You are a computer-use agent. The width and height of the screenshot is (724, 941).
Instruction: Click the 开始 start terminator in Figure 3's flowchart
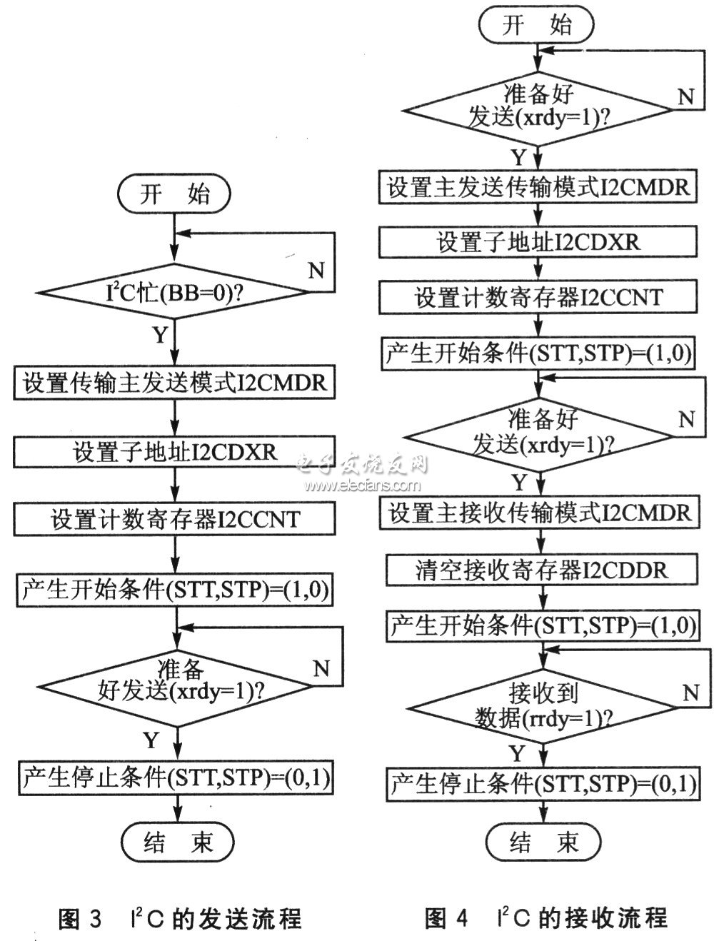click(x=174, y=193)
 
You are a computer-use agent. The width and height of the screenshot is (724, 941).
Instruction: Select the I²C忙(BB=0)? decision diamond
click(x=174, y=292)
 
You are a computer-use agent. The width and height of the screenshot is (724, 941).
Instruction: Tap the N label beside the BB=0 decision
click(x=316, y=271)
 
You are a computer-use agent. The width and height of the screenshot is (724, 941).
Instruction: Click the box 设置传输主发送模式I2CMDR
click(x=174, y=383)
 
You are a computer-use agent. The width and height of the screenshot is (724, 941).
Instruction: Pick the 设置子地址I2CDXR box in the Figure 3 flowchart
click(x=174, y=452)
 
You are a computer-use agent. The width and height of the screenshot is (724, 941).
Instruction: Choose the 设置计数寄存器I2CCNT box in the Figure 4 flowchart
click(x=538, y=296)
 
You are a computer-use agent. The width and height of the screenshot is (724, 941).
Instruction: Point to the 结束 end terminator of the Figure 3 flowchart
click(x=178, y=842)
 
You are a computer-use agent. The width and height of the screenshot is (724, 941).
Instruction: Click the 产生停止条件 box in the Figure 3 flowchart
click(x=176, y=778)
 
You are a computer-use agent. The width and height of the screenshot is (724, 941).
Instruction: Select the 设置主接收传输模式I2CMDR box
click(x=540, y=513)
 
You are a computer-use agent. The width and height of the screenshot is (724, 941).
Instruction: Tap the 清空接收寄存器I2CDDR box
click(x=542, y=570)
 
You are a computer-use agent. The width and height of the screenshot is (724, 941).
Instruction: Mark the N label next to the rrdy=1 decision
click(x=690, y=693)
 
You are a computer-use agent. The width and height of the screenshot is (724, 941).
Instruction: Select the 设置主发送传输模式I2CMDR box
click(x=538, y=186)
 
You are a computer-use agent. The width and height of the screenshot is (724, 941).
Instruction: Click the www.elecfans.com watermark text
click(x=362, y=485)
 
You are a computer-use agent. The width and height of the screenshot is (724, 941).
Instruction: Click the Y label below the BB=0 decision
click(x=160, y=335)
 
